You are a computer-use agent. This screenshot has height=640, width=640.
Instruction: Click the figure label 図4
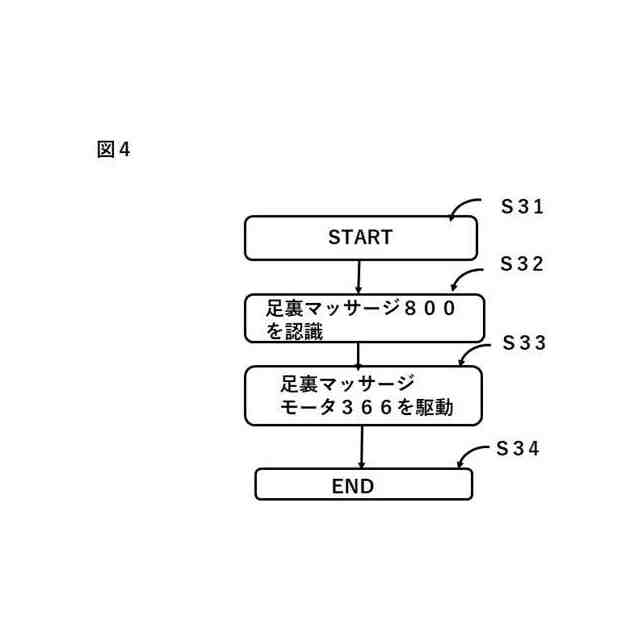pyautogui.click(x=114, y=150)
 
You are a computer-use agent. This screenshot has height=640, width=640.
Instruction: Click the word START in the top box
pyautogui.click(x=360, y=238)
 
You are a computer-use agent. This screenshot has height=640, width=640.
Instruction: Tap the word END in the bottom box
pyautogui.click(x=352, y=487)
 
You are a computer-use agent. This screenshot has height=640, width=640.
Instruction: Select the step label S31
pyautogui.click(x=522, y=207)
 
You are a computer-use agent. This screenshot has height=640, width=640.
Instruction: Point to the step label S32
pyautogui.click(x=522, y=265)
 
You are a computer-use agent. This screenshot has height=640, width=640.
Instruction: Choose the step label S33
pyautogui.click(x=524, y=343)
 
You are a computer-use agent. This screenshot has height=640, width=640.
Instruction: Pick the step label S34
pyautogui.click(x=518, y=449)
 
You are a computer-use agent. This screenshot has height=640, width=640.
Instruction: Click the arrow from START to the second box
pyautogui.click(x=358, y=277)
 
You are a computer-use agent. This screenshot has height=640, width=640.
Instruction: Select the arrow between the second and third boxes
pyautogui.click(x=358, y=354)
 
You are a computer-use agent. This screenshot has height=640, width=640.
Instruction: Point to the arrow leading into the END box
pyautogui.click(x=361, y=447)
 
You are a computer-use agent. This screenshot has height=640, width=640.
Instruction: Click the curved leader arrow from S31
pyautogui.click(x=464, y=207)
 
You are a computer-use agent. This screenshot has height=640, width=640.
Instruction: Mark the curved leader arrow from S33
pyautogui.click(x=474, y=352)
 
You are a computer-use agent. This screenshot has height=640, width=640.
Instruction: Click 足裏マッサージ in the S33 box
pyautogui.click(x=347, y=384)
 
